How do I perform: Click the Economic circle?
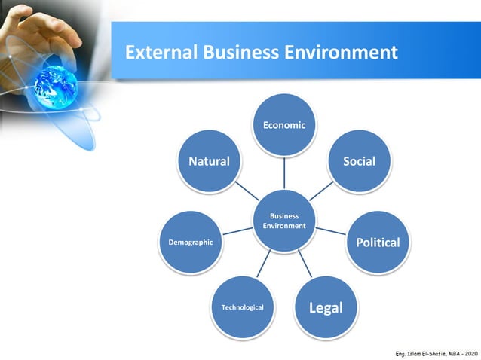pyautogui.click(x=284, y=125)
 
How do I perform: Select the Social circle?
pyautogui.click(x=359, y=161)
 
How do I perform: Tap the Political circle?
pyautogui.click(x=377, y=243)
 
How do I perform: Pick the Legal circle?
pyautogui.click(x=326, y=307)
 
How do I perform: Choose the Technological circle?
pyautogui.click(x=242, y=307)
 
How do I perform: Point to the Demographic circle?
pyautogui.click(x=190, y=243)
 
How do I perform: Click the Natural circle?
pyautogui.click(x=209, y=161)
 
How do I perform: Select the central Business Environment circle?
pyautogui.click(x=284, y=221)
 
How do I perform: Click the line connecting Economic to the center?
pyautogui.click(x=284, y=172)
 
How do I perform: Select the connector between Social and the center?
pyautogui.click(x=320, y=191)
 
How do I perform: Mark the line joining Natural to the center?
pyautogui.click(x=246, y=191)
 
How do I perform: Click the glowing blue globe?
pyautogui.click(x=55, y=84)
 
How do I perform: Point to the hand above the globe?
pyautogui.click(x=38, y=30)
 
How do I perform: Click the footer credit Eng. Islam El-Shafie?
pyautogui.click(x=422, y=353)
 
